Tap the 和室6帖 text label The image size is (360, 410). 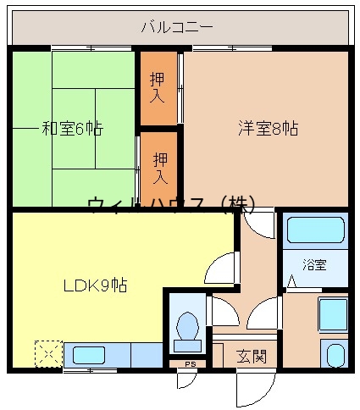pos(72,129)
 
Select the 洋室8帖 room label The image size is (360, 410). pos(267,129)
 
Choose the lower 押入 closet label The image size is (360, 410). pos(160,169)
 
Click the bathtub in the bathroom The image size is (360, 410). pos(315,230)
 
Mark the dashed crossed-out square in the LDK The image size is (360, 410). pos(48,354)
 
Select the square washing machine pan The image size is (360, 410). pos(332,316)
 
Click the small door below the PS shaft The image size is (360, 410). pos(186,380)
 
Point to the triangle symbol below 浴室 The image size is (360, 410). pos(292,280)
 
